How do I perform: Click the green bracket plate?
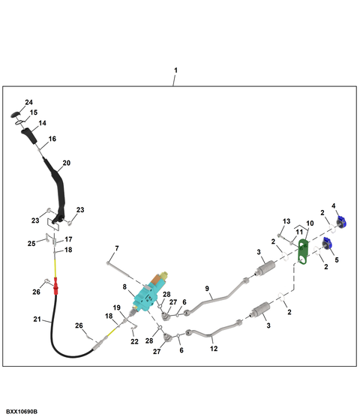tap(303, 252)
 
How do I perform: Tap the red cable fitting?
tap(55, 286)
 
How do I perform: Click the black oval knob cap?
tap(15, 114)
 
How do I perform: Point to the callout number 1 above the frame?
tap(175, 70)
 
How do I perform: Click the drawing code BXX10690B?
tap(22, 412)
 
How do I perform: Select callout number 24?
tap(29, 102)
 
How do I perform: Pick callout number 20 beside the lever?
tap(67, 163)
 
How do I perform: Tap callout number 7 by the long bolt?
tap(117, 248)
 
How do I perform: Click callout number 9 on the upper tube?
tap(207, 289)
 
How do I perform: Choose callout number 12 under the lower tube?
tap(214, 349)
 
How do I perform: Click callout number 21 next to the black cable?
tap(37, 319)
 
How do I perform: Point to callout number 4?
tap(334, 205)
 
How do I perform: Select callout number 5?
tap(337, 259)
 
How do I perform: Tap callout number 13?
tap(286, 221)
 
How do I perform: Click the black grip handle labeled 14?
tap(29, 136)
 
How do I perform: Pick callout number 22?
tap(134, 341)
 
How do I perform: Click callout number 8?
tap(124, 286)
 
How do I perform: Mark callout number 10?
tap(310, 223)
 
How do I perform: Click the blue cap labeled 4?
tap(341, 223)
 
